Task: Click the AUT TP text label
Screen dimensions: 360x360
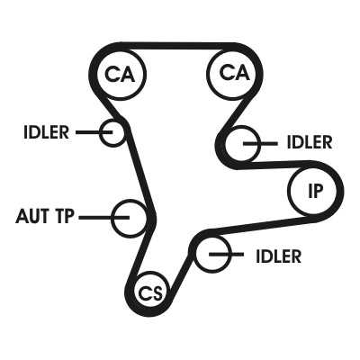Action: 44,216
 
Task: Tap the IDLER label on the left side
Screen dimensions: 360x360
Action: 46,132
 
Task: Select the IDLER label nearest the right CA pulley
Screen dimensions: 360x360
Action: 310,142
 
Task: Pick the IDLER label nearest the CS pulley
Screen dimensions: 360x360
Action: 278,256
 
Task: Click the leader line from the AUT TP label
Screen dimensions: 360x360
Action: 103,217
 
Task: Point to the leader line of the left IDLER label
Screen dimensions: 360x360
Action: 94,132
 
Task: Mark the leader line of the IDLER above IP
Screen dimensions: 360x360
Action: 260,144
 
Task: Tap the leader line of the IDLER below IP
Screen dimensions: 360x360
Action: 226,255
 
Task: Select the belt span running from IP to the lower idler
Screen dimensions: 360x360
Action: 260,226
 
